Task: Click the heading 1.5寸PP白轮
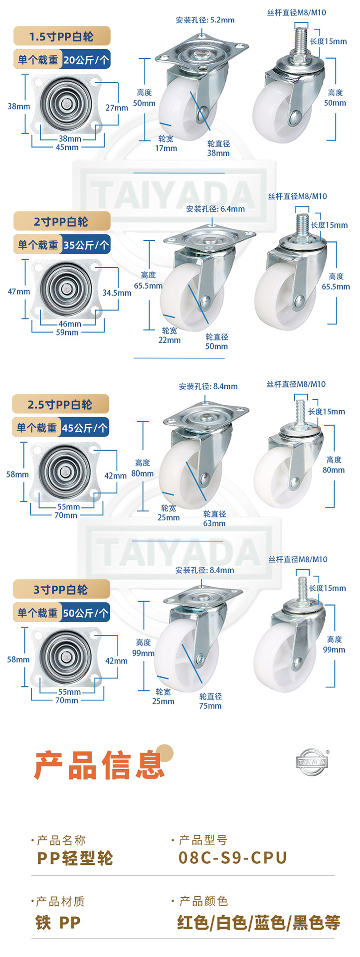click(x=61, y=36)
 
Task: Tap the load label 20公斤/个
click(x=86, y=60)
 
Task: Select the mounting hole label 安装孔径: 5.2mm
click(x=205, y=20)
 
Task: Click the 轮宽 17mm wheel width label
click(x=166, y=144)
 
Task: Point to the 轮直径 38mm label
click(x=218, y=149)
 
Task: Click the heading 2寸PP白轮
click(x=61, y=222)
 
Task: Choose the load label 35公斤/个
click(x=86, y=245)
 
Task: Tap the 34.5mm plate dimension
click(x=117, y=293)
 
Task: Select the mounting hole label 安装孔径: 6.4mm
click(x=215, y=209)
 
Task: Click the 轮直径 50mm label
click(x=216, y=341)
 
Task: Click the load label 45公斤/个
click(x=85, y=428)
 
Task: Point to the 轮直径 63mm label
click(x=214, y=518)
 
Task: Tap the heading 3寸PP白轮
click(x=60, y=590)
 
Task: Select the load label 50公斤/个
click(x=86, y=613)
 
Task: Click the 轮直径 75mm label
click(x=210, y=701)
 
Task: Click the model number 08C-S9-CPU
click(x=233, y=857)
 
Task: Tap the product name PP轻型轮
click(x=75, y=858)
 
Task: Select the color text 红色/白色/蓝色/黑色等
click(x=259, y=923)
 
